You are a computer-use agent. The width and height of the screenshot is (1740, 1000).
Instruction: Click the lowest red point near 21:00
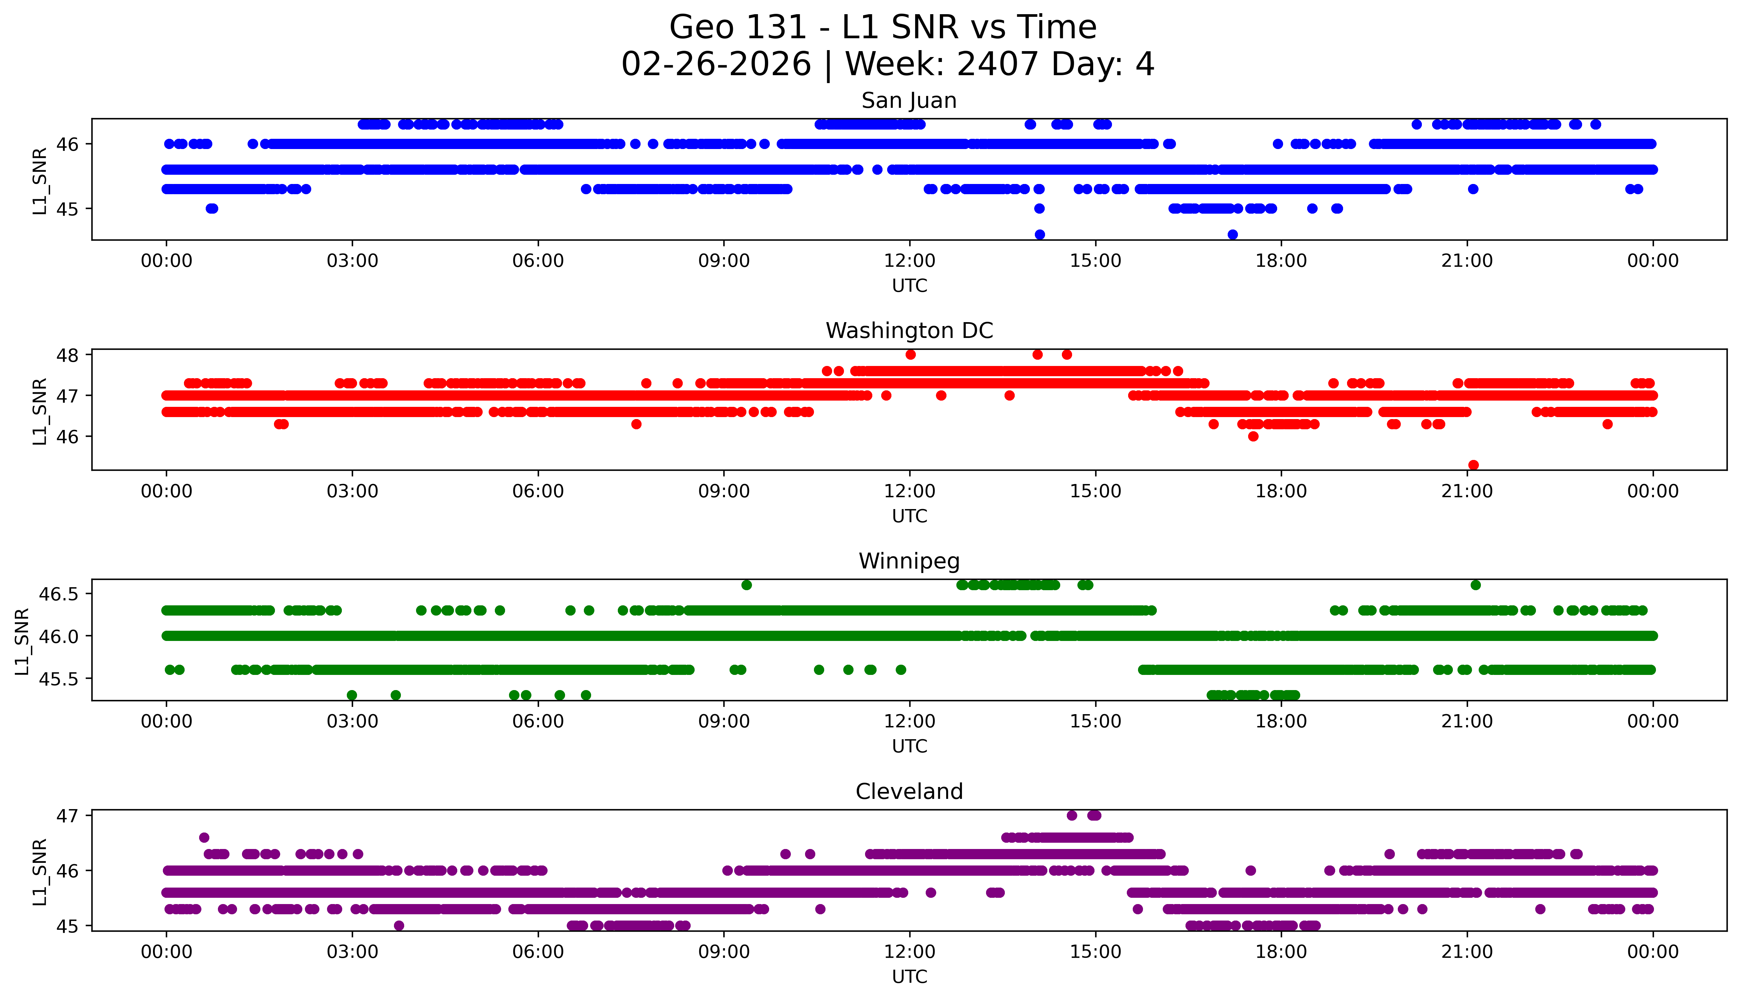coord(1473,465)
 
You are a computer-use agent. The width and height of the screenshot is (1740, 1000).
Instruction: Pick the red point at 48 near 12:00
coord(911,354)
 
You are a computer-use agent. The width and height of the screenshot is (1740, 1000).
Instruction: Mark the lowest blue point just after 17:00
coord(1233,235)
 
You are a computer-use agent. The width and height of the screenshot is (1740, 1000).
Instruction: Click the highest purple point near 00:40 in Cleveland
coord(204,837)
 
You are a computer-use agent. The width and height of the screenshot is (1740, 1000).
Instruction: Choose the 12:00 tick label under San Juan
coord(909,261)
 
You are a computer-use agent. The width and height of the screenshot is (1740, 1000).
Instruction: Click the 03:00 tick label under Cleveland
coord(352,952)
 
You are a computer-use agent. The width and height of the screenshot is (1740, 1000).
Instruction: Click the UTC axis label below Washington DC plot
coord(909,516)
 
